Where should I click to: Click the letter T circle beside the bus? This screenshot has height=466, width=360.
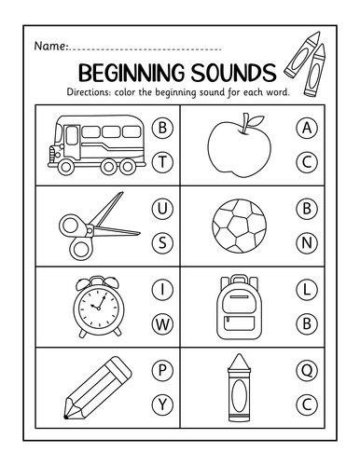tap(162, 162)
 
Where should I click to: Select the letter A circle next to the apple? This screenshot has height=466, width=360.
tap(307, 128)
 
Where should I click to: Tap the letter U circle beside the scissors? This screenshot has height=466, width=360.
tap(162, 209)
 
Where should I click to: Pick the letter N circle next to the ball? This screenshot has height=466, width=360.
tap(307, 242)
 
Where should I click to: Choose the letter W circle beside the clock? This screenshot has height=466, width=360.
tap(162, 324)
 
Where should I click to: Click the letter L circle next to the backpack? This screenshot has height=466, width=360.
tap(307, 290)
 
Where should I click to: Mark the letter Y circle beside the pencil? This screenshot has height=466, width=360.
tap(162, 404)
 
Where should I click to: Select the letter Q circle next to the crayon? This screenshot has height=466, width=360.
tap(307, 370)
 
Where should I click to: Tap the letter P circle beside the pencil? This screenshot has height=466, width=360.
tap(162, 370)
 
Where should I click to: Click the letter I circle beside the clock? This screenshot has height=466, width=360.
tap(162, 290)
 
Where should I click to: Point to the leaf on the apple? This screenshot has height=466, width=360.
tap(256, 120)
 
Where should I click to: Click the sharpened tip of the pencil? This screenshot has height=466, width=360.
tap(65, 417)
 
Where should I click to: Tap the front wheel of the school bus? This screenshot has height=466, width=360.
tap(66, 167)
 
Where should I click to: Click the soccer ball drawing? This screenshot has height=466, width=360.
tap(240, 226)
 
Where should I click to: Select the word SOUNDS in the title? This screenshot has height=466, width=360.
tap(233, 73)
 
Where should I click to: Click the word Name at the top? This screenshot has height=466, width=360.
tap(49, 46)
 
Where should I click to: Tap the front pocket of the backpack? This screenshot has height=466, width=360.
tap(240, 323)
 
